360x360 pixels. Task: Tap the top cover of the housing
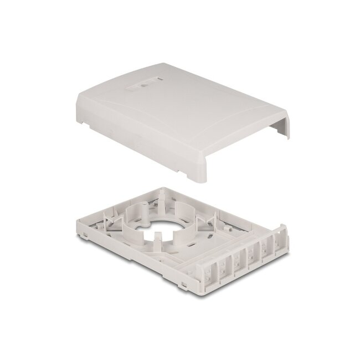tap(177, 111)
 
